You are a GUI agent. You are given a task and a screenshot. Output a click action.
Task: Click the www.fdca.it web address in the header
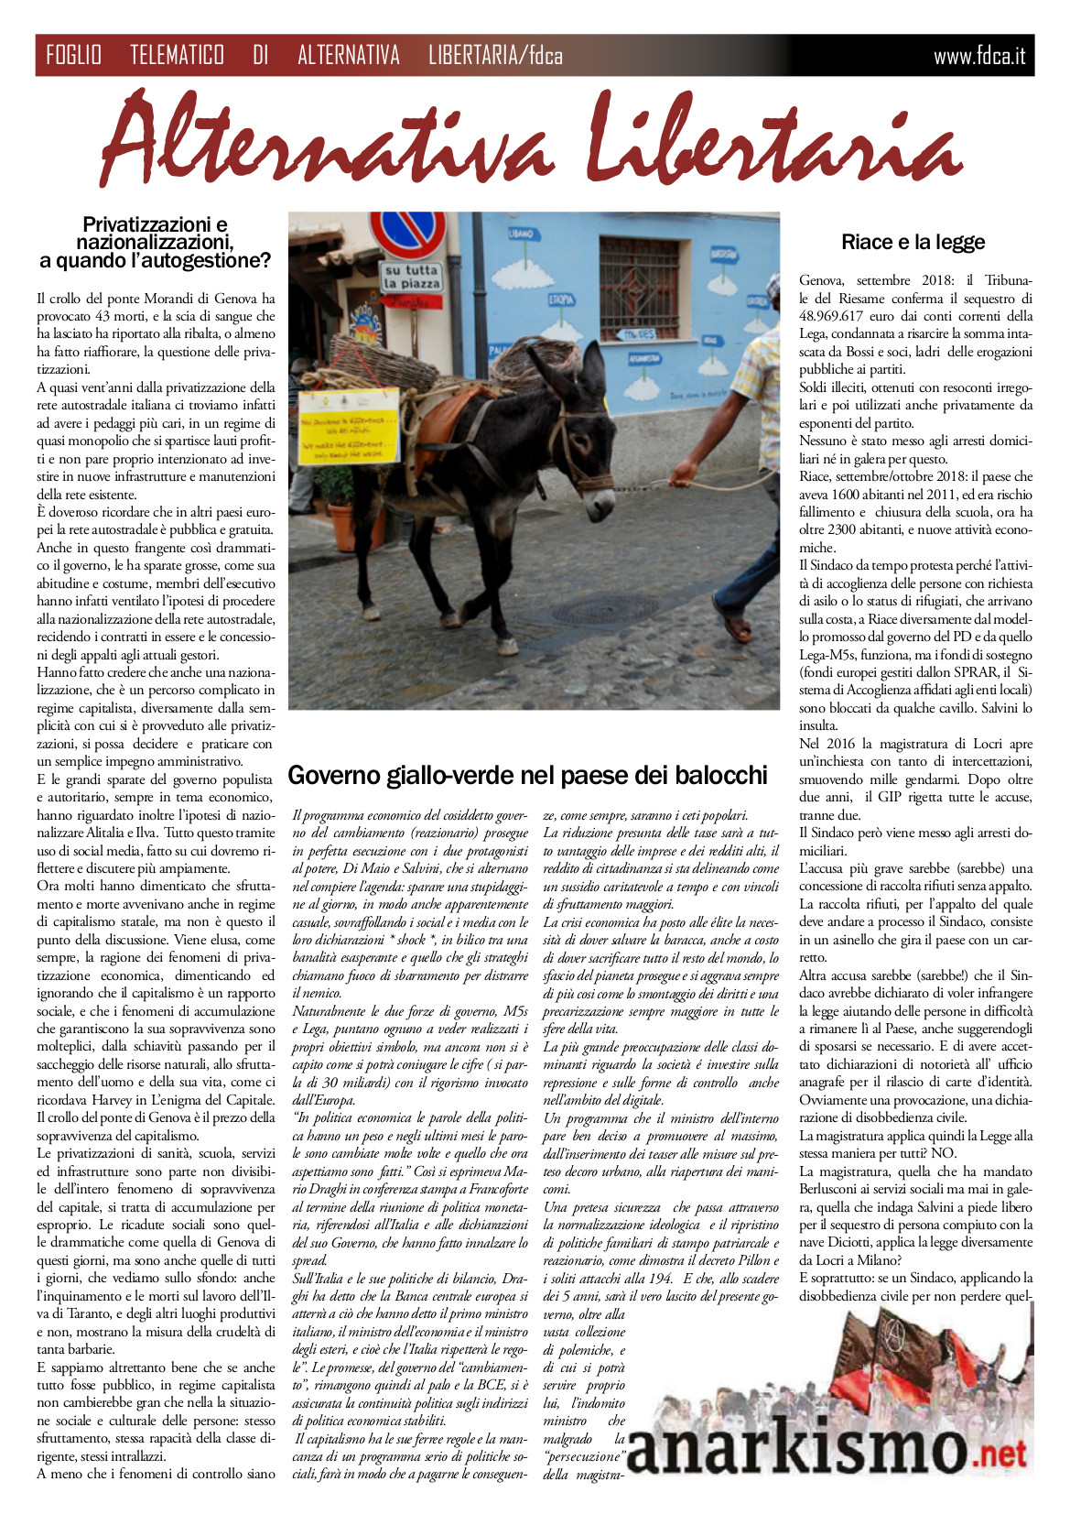click(978, 57)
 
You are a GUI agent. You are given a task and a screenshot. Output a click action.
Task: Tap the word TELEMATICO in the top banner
click(177, 56)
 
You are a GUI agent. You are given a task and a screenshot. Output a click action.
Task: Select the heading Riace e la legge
click(913, 242)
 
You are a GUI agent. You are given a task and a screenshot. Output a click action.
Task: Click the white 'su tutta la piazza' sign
click(411, 276)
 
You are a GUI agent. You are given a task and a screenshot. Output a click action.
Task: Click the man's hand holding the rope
click(682, 473)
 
